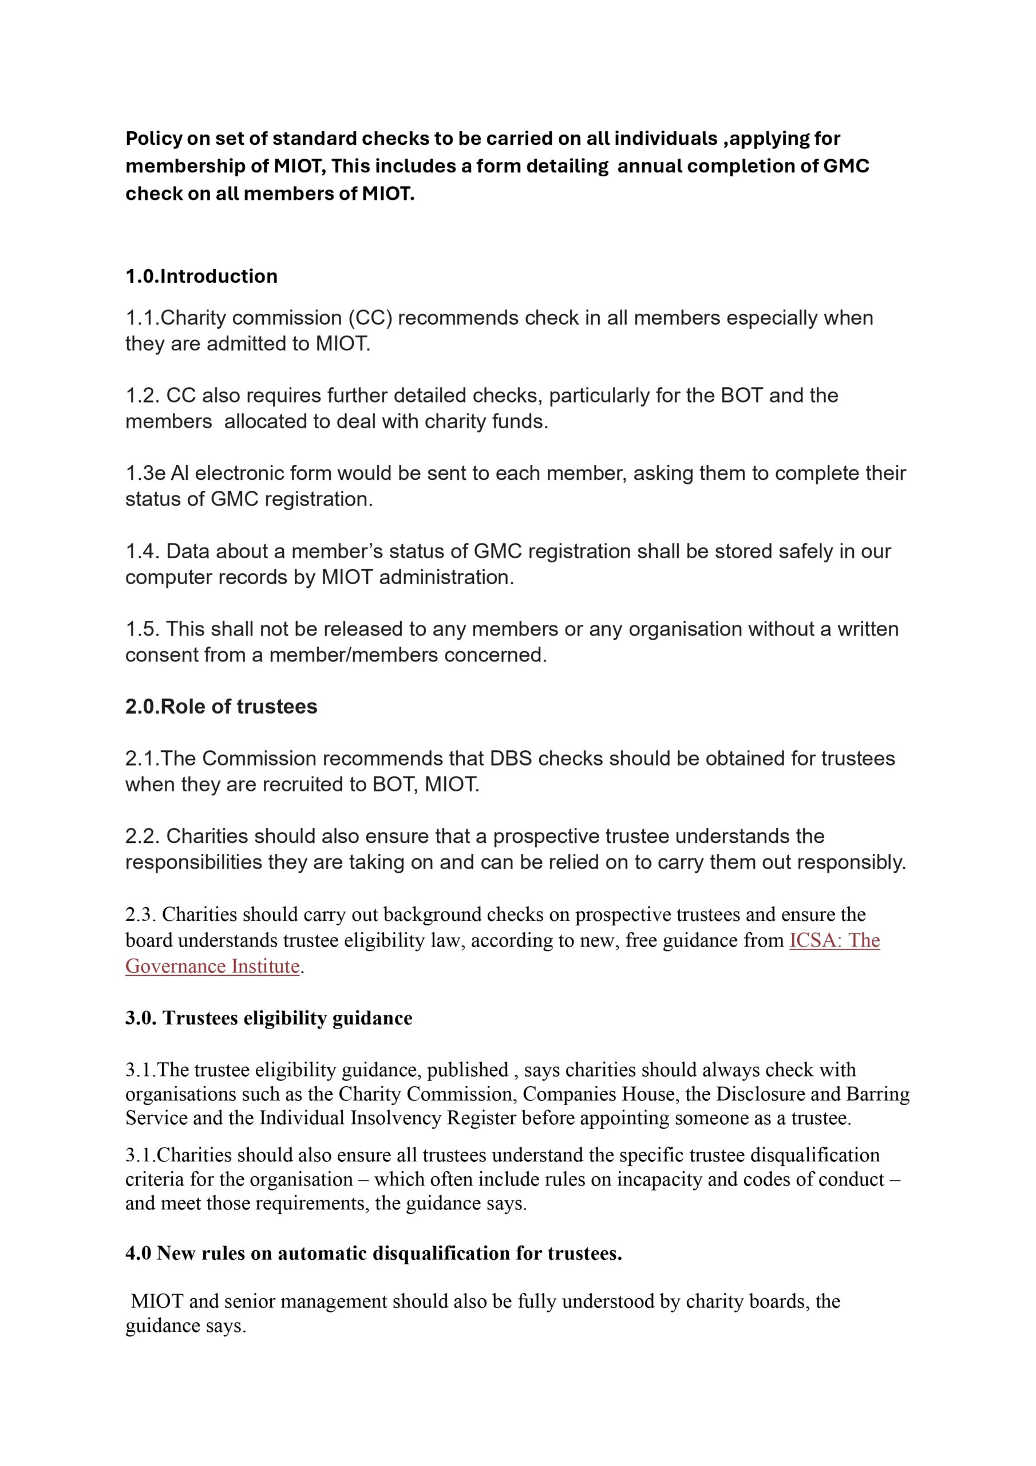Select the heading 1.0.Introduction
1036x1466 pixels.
coord(201,276)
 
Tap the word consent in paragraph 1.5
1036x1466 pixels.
coord(160,655)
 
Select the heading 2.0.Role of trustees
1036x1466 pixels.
coord(221,706)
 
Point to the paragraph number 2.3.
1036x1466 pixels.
coord(140,915)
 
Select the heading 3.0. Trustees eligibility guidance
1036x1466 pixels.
coord(268,1018)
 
